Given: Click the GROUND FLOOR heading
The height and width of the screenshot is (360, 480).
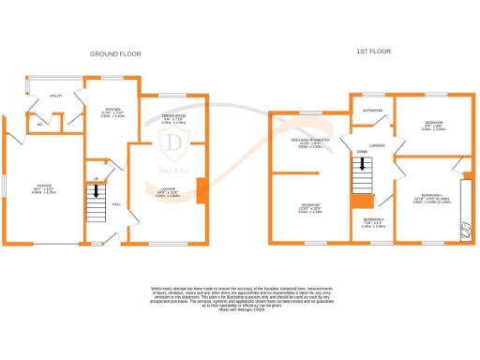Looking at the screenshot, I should coord(115,54).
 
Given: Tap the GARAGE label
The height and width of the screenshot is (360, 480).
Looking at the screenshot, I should coord(43,187).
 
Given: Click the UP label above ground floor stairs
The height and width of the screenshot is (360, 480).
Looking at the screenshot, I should coord(96,179).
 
